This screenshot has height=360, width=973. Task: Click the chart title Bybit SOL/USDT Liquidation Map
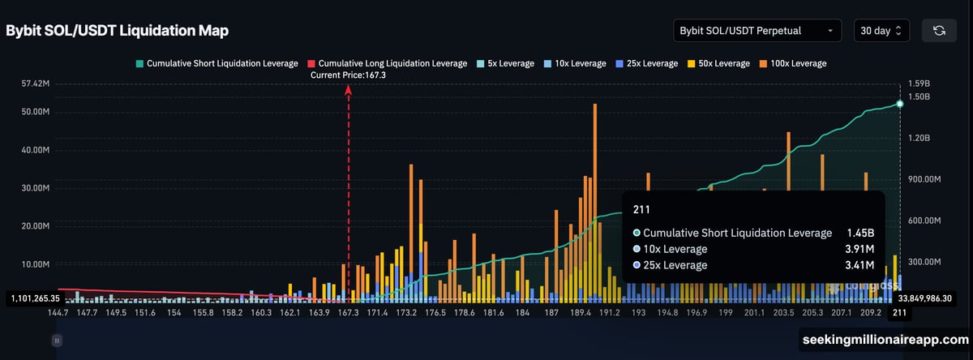point(117,31)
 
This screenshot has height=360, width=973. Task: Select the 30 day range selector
point(881,31)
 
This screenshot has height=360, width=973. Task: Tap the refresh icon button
point(939,31)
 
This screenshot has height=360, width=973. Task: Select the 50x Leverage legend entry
point(722,63)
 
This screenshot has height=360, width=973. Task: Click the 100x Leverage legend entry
point(792,63)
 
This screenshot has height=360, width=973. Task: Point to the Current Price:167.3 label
point(348,75)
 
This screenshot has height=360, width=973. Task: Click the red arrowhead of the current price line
point(348,90)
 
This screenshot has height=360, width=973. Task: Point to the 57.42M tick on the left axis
point(36,84)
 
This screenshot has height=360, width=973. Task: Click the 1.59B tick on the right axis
point(919,84)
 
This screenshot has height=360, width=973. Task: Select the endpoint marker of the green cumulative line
point(900,104)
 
